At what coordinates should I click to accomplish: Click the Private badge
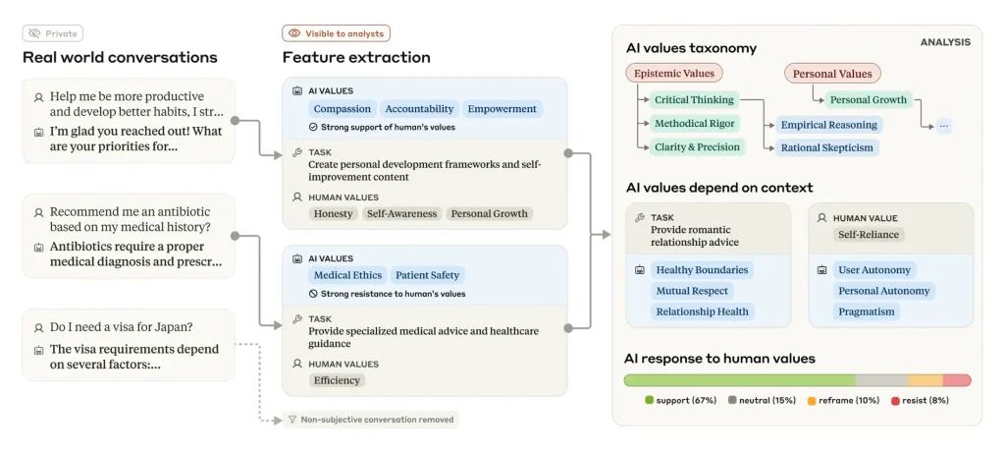pos(53,33)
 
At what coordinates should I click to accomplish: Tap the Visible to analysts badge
pos(336,33)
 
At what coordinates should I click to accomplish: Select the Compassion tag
pos(343,109)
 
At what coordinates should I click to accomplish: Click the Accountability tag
pos(419,109)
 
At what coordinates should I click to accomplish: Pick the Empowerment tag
pos(502,109)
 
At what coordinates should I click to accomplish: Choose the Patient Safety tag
pos(428,275)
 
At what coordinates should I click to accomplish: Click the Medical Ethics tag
pos(348,275)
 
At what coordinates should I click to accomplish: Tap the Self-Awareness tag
pos(401,213)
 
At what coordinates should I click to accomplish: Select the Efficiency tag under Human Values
pos(337,380)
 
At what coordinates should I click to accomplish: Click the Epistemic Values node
pos(674,73)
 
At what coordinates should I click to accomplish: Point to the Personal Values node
pos(832,74)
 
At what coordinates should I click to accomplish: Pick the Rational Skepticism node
pos(826,148)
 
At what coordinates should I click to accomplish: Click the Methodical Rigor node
pos(694,123)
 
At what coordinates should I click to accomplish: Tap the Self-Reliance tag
pos(869,235)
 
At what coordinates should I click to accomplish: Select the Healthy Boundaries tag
pos(702,270)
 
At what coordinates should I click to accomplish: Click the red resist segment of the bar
pos(957,380)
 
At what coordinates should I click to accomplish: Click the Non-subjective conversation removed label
pos(371,420)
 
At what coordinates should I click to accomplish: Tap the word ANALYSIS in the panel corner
pos(945,42)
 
